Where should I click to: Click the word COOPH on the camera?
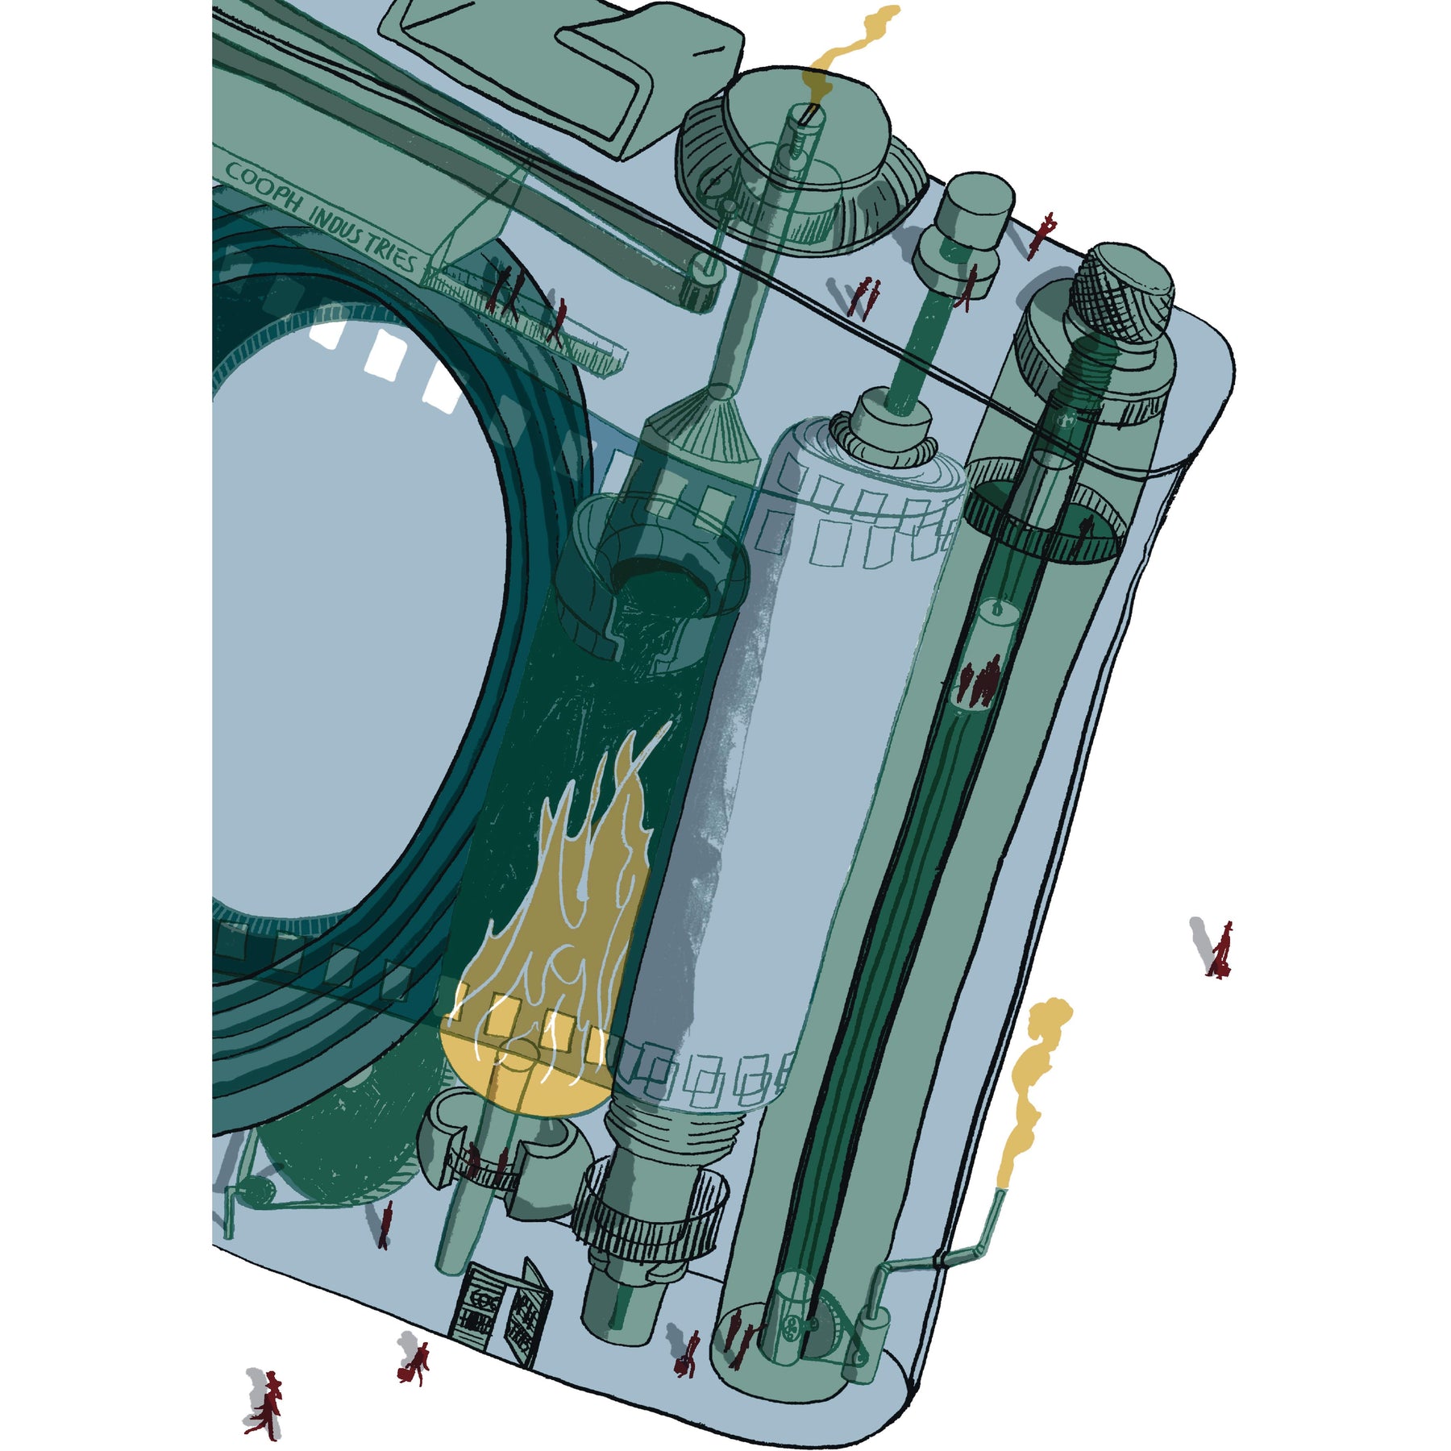tap(262, 187)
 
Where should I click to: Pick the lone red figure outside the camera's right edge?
tap(1220, 950)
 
